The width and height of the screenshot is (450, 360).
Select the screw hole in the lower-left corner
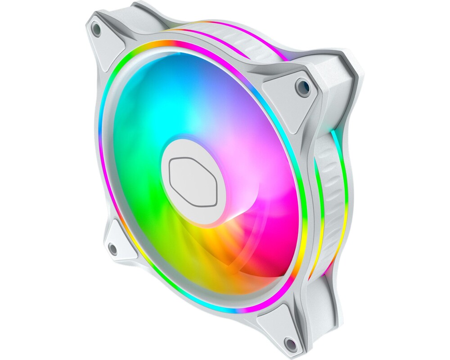click(x=112, y=247)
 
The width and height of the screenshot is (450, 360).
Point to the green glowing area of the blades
click(x=135, y=189)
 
